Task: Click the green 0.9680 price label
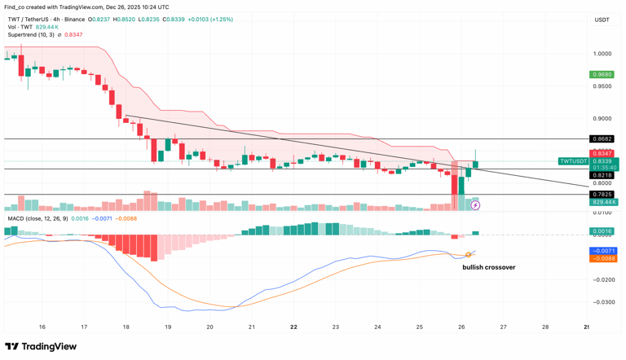602,75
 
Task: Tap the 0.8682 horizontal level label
602,139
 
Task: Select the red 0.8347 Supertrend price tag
602,153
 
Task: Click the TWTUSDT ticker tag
573,161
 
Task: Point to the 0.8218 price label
602,175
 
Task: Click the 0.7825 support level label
602,195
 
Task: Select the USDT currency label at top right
602,20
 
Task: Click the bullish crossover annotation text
488,267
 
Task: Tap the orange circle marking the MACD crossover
469,255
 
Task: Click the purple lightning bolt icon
475,205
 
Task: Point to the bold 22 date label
293,327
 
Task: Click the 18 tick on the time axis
126,327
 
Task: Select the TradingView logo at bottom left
41,347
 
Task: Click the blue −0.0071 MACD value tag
603,251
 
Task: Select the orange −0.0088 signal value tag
603,259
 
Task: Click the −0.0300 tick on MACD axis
603,301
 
